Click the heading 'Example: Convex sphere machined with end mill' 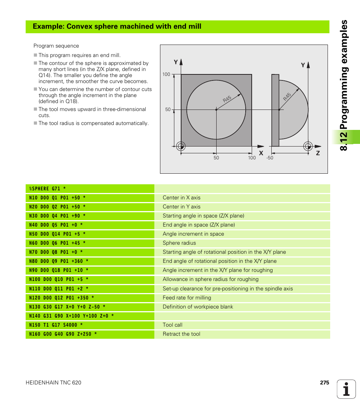(x=117, y=26)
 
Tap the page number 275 (x=325, y=383)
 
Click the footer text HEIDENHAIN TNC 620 (x=53, y=383)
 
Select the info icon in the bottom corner (x=346, y=389)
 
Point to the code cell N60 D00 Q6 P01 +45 (x=57, y=243)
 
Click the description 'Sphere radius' (x=179, y=243)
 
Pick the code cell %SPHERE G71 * (x=48, y=188)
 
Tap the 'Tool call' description (x=172, y=325)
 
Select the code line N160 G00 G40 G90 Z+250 (x=63, y=334)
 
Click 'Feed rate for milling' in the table (x=187, y=298)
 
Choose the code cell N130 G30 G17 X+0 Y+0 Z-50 (x=67, y=307)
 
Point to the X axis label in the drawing (x=261, y=153)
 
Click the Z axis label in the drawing (x=318, y=153)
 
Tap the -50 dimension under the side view (x=270, y=158)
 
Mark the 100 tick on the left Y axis (x=166, y=74)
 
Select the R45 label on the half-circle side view (x=287, y=97)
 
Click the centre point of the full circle (x=216, y=110)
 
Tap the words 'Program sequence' (x=56, y=46)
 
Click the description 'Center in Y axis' (x=182, y=207)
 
